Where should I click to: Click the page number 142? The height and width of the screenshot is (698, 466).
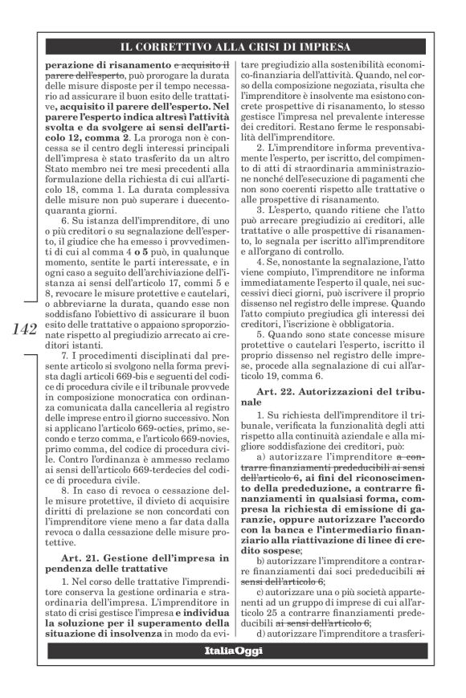click(25, 329)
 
